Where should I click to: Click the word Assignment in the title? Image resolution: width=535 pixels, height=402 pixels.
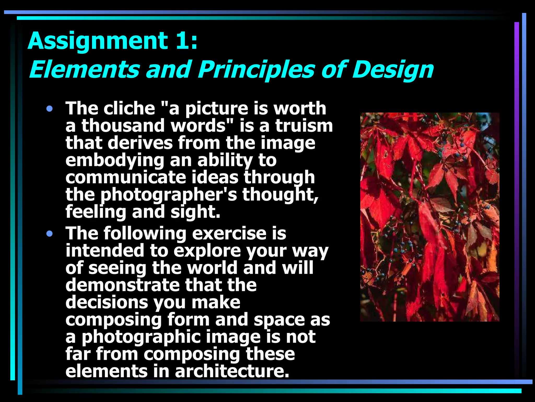(98, 41)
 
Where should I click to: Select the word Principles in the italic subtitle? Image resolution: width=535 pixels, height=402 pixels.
(256, 70)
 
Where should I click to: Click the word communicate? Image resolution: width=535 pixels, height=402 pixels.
(125, 177)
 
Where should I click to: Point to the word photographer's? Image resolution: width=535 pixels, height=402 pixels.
(169, 195)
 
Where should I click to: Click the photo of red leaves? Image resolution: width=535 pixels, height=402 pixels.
(430, 217)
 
